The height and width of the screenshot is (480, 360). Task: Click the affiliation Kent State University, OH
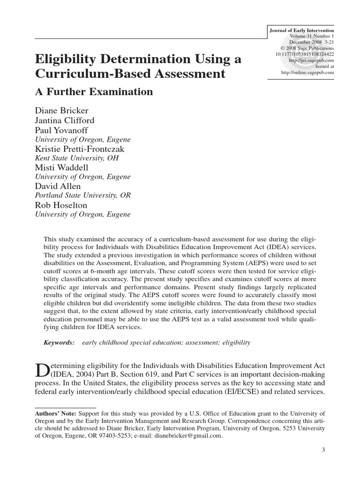tap(77, 158)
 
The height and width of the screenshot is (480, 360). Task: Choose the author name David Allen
tap(57, 186)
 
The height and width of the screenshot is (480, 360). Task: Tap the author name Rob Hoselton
tap(61, 205)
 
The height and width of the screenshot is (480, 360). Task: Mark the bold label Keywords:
tap(59, 343)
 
